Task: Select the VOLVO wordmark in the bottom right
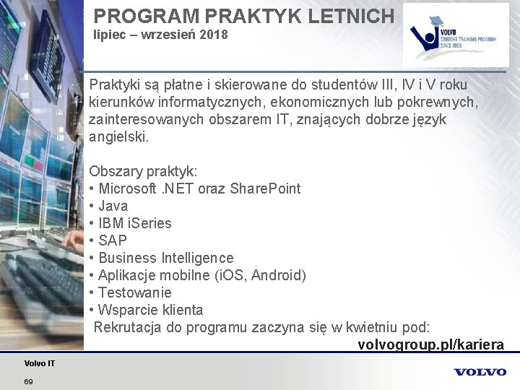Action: [x=480, y=372]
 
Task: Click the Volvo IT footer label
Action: [x=39, y=363]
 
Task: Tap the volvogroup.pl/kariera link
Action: [x=430, y=344]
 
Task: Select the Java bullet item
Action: [x=113, y=206]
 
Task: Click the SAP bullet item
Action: [x=113, y=240]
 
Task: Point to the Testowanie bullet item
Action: [x=135, y=292]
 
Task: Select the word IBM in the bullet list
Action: [x=111, y=223]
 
